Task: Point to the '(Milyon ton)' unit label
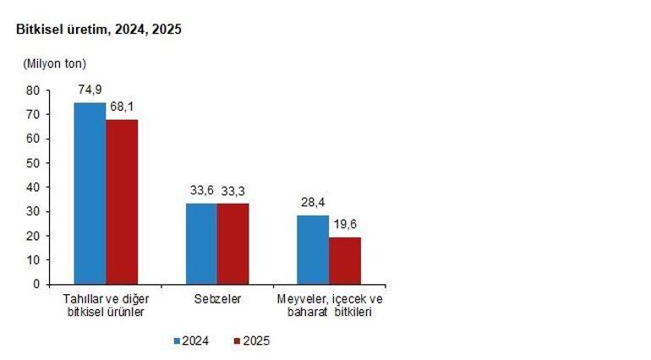point(54,63)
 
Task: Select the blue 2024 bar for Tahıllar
point(90,194)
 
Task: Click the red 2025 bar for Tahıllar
point(122,202)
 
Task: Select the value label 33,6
point(200,192)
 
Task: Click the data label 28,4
point(312,204)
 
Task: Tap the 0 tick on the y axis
point(36,284)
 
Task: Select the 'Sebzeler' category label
point(217,299)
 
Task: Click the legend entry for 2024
point(192,341)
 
